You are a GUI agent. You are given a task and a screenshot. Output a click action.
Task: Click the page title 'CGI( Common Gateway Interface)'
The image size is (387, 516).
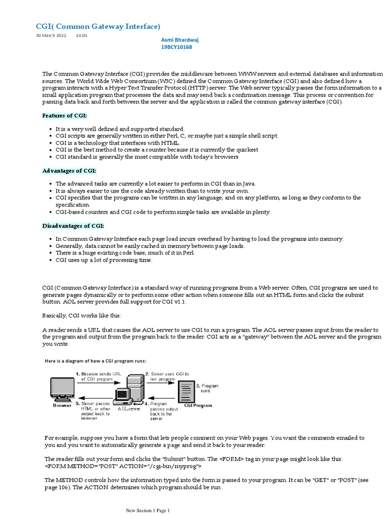(x=98, y=26)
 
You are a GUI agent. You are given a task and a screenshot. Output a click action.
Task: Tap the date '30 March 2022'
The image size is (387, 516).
(x=51, y=36)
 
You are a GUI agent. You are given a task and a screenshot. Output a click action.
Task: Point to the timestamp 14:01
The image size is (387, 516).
(x=81, y=36)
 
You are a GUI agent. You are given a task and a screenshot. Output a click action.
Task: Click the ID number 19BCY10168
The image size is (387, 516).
(x=176, y=47)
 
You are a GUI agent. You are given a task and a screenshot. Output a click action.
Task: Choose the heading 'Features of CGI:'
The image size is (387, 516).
(x=64, y=115)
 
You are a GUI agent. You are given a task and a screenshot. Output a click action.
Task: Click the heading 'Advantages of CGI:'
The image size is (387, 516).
(x=69, y=170)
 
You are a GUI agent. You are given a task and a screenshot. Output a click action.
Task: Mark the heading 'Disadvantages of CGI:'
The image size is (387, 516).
(x=73, y=225)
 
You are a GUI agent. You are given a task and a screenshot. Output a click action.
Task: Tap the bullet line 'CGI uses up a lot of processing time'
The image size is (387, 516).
(x=104, y=260)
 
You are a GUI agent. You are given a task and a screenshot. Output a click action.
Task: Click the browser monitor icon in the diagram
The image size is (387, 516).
(x=62, y=389)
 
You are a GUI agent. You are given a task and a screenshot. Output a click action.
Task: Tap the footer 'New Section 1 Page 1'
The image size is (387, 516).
(x=148, y=510)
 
